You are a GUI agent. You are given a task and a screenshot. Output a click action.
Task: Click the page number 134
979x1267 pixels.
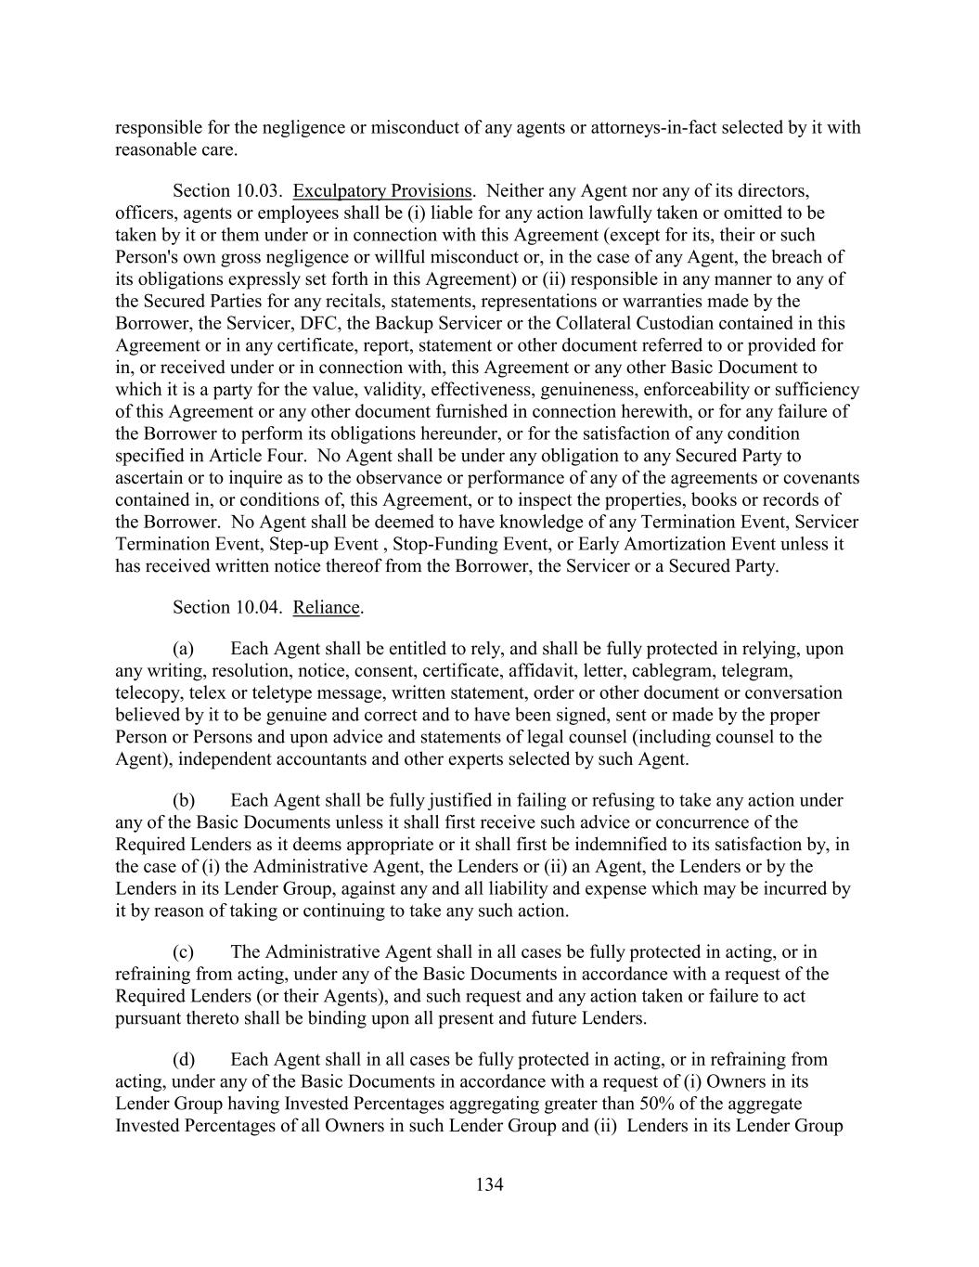point(489,1184)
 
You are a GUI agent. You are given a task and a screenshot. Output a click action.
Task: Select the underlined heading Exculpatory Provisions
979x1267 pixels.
point(382,191)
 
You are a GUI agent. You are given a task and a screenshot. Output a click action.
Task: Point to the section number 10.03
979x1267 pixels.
point(257,191)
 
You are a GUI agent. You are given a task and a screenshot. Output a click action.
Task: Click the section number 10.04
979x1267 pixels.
point(257,607)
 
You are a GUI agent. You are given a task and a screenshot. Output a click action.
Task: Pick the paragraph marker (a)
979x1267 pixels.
point(183,649)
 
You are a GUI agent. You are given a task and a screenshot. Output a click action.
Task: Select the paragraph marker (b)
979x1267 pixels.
point(183,800)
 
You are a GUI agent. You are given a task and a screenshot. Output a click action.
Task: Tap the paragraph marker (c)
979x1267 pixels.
point(183,952)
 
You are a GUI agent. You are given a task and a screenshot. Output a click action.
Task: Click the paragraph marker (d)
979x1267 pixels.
point(183,1060)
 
